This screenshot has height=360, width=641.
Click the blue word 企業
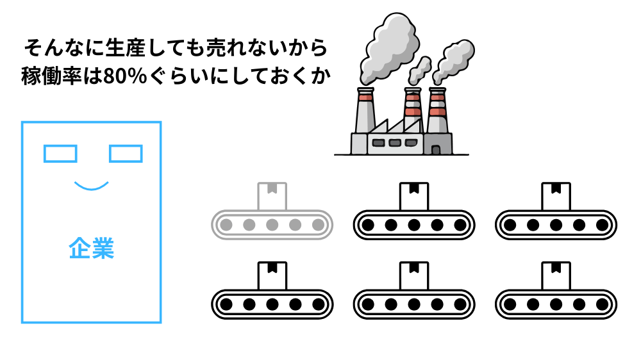click(91, 249)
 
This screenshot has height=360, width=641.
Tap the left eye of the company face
click(60, 154)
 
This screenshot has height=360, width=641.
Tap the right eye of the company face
click(126, 154)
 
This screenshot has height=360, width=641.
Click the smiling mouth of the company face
click(91, 187)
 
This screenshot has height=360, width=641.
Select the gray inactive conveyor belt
click(272, 225)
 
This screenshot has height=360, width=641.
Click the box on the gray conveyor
click(272, 195)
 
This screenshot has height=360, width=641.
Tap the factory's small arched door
click(436, 150)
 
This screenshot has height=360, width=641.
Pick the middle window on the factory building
click(395, 142)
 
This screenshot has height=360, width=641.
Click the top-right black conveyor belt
click(556, 225)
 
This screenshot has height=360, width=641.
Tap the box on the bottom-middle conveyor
click(414, 274)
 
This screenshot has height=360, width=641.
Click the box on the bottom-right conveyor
click(556, 274)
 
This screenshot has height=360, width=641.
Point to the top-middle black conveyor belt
click(414, 225)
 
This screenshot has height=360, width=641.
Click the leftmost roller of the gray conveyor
click(226, 225)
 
